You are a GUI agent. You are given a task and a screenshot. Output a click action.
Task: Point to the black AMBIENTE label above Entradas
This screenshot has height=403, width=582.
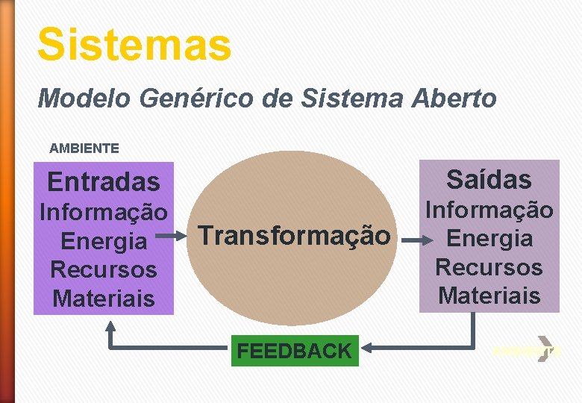coord(84,149)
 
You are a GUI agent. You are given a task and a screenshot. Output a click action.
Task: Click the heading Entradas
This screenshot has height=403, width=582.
coord(103,181)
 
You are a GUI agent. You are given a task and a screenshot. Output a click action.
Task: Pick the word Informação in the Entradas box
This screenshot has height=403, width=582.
coord(103,213)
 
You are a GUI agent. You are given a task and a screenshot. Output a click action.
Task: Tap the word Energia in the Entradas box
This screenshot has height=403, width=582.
coord(103,241)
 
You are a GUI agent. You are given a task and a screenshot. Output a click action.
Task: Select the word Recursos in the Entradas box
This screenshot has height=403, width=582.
coord(103,269)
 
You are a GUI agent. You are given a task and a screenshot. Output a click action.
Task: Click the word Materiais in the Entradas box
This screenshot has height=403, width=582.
coord(103,299)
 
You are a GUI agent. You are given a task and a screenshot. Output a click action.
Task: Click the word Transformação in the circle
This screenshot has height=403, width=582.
coord(294,236)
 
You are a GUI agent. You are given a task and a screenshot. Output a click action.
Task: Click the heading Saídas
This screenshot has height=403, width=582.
coord(489,179)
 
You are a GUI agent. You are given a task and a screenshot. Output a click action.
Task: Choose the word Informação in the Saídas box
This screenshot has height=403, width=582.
coord(489,210)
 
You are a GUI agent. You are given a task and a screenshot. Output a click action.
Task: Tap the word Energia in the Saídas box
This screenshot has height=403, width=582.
coord(489,239)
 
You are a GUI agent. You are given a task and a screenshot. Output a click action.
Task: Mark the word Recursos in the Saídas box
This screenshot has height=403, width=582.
coord(489,267)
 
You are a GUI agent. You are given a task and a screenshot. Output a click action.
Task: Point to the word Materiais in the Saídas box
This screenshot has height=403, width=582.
coord(489,296)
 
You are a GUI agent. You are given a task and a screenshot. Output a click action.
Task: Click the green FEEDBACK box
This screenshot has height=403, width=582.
coord(294,350)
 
